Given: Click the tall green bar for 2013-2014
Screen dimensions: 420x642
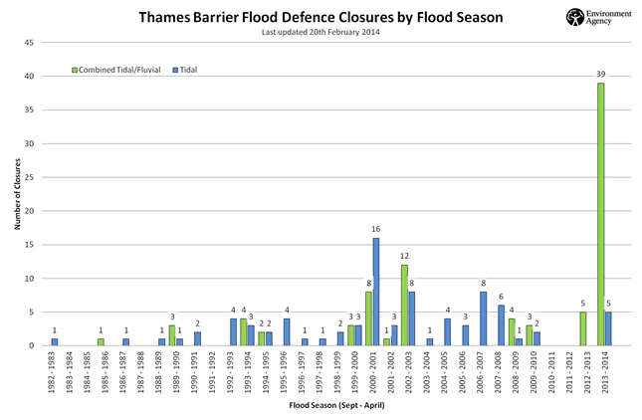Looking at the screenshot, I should [x=600, y=214].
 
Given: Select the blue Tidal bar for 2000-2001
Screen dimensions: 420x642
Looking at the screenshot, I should [x=376, y=292].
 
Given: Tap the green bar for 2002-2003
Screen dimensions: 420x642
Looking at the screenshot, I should [x=405, y=306].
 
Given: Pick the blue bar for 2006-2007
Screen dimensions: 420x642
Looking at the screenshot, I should [x=483, y=318].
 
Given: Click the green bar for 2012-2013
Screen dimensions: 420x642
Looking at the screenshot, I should [x=582, y=328].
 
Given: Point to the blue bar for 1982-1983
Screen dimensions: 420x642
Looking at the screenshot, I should [x=55, y=342].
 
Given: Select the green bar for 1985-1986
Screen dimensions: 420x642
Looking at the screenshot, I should [x=101, y=342].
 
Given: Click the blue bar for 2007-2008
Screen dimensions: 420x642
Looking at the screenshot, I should [x=501, y=325].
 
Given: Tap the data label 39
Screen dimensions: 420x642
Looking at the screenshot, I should [x=600, y=75].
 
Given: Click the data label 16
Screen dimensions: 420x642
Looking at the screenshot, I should [x=376, y=230].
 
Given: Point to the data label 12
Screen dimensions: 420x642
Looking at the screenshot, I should [x=405, y=257].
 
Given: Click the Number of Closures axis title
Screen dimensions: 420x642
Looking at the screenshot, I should [x=17, y=194].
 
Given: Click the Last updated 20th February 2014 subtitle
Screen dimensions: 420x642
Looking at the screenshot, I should [x=321, y=32].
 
